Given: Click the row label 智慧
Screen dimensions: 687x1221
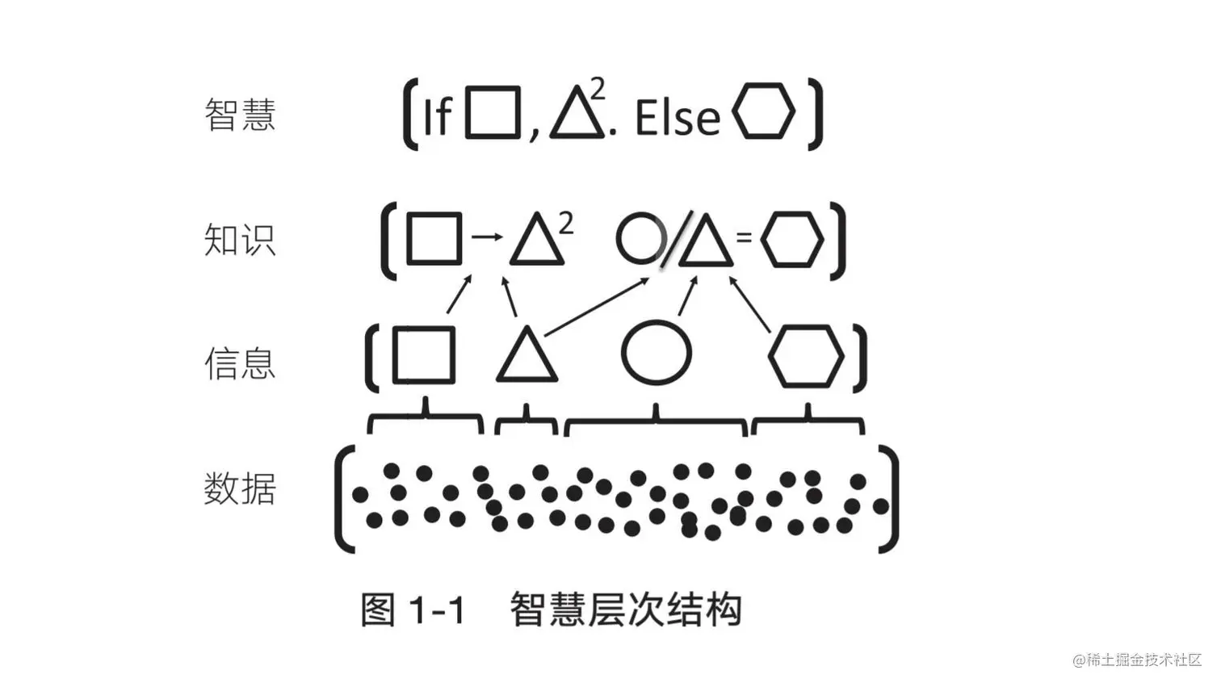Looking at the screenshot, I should (x=240, y=115).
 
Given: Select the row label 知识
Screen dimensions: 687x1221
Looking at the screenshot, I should (x=240, y=240).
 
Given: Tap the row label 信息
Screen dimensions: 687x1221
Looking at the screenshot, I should (x=240, y=363).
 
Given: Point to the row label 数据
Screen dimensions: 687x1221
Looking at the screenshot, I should (x=240, y=489).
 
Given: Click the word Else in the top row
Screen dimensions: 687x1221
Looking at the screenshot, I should (x=677, y=118).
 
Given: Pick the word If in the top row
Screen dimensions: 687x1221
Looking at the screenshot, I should (x=437, y=118).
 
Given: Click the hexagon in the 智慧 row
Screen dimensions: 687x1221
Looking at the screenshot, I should (x=763, y=111).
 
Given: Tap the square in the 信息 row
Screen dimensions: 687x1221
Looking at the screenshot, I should (x=424, y=354).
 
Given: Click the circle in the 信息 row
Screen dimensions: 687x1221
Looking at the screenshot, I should (x=657, y=353).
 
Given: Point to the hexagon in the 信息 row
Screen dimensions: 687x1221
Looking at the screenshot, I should (x=806, y=356).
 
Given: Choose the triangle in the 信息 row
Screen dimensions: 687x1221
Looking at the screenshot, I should (x=527, y=358).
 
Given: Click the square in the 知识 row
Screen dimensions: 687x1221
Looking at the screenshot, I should (x=434, y=239).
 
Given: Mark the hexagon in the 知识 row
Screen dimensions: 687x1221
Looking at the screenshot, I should (x=792, y=239).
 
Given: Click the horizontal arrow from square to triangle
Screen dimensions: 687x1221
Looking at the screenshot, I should (x=486, y=237).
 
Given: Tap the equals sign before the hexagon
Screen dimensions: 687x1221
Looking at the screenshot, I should (x=745, y=237).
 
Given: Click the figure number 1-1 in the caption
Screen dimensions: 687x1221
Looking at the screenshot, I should (x=437, y=610).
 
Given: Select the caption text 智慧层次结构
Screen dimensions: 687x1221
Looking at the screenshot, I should (x=626, y=610).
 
